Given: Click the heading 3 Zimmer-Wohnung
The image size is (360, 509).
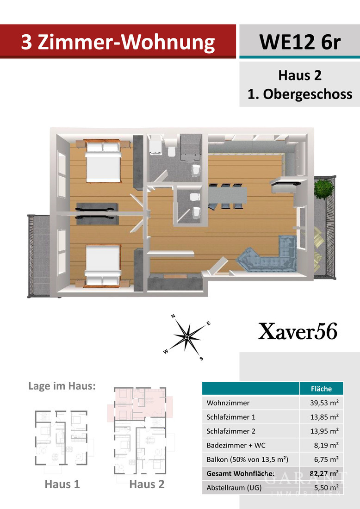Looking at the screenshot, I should [x=118, y=42].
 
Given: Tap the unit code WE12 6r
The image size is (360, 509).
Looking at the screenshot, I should [x=300, y=42].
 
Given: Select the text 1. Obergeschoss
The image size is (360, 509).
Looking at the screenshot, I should [x=300, y=94].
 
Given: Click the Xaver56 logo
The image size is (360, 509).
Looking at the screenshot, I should [x=298, y=332].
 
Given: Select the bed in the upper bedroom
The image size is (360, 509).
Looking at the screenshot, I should [x=104, y=162].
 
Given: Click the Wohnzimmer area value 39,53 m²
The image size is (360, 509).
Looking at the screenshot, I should [x=323, y=403].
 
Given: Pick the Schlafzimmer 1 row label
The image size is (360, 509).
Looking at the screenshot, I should [x=231, y=417].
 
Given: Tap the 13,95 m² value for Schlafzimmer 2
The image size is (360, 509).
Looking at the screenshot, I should [x=323, y=431].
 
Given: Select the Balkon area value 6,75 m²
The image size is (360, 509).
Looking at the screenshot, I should [x=326, y=459].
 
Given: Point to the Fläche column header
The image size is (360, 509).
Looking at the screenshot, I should [x=322, y=389].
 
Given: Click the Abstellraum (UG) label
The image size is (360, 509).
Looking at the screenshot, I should [x=234, y=488].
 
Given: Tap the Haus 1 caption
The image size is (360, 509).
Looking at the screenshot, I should [x=62, y=484].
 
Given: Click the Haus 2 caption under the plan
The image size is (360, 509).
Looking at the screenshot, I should [x=147, y=484].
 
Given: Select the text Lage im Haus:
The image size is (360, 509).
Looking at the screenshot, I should [x=62, y=386].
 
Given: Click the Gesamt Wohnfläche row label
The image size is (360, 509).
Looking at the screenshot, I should [x=241, y=473].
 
